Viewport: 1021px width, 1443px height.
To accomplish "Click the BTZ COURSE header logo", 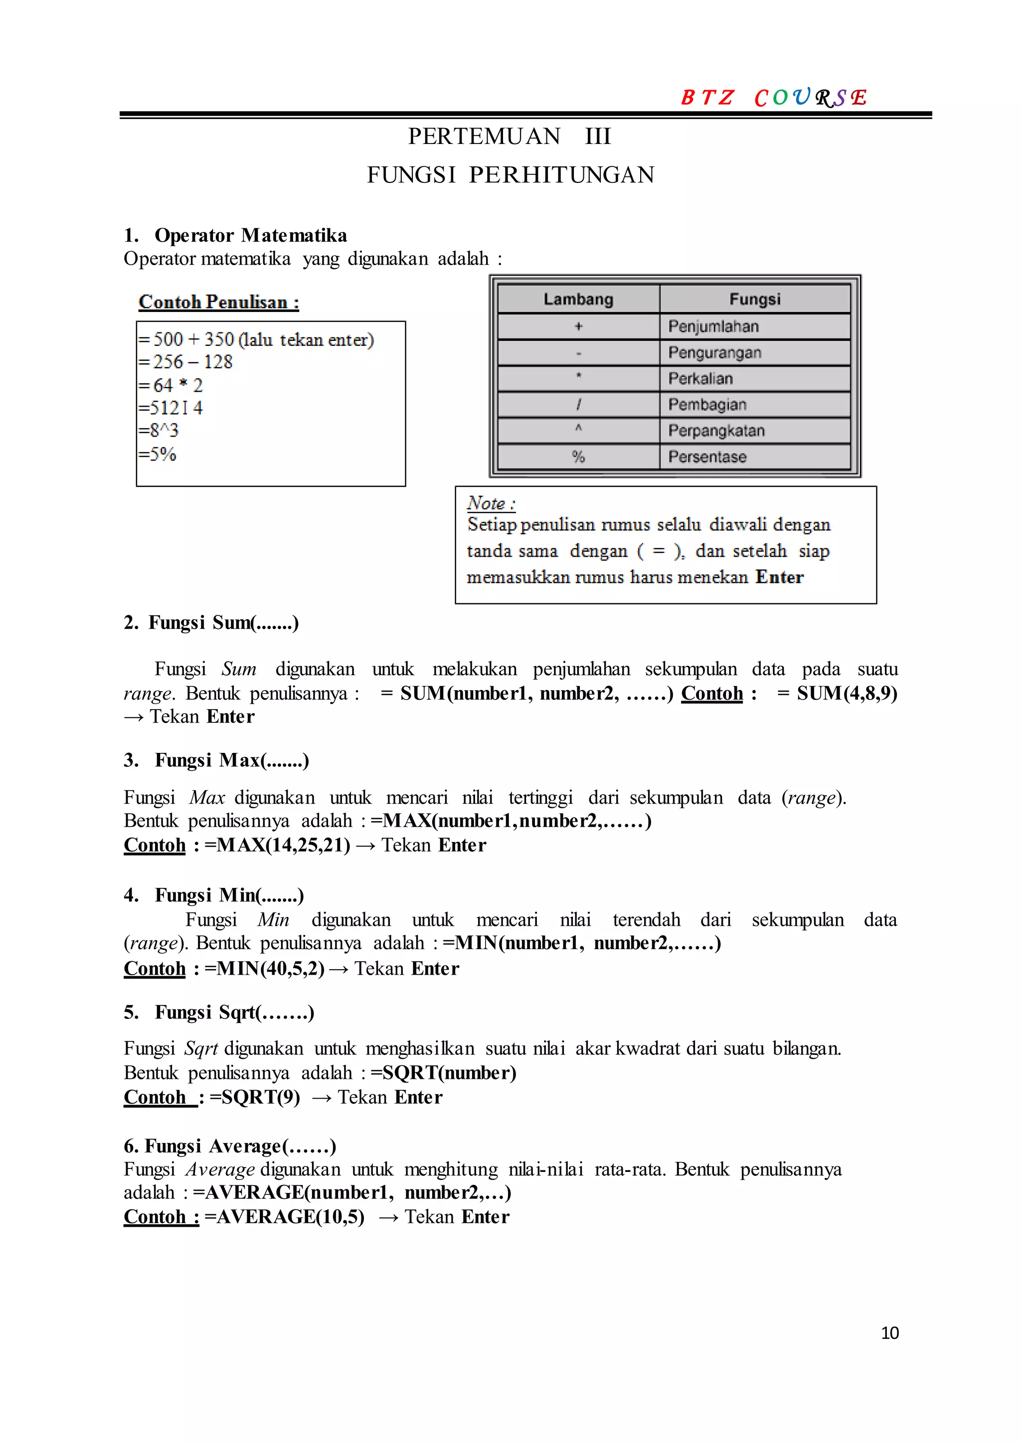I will pos(773,98).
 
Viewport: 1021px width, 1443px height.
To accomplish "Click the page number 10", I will pos(889,1332).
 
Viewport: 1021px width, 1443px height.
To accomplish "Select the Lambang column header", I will pos(578,299).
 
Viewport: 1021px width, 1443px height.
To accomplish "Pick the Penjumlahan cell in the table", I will pos(713,326).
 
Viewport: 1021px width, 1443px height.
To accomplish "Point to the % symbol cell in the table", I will pos(578,457).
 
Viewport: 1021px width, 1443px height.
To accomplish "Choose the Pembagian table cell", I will pos(707,405).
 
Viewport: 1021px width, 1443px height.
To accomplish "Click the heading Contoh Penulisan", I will pos(218,302).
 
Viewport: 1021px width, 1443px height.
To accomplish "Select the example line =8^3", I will pos(159,431).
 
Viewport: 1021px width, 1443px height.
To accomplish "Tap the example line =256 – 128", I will pos(185,362).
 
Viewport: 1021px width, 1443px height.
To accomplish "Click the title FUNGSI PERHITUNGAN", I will pos(510,175).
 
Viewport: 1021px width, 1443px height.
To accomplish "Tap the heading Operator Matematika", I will pos(250,235).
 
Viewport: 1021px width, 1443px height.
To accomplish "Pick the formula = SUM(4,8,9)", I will pos(837,693).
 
